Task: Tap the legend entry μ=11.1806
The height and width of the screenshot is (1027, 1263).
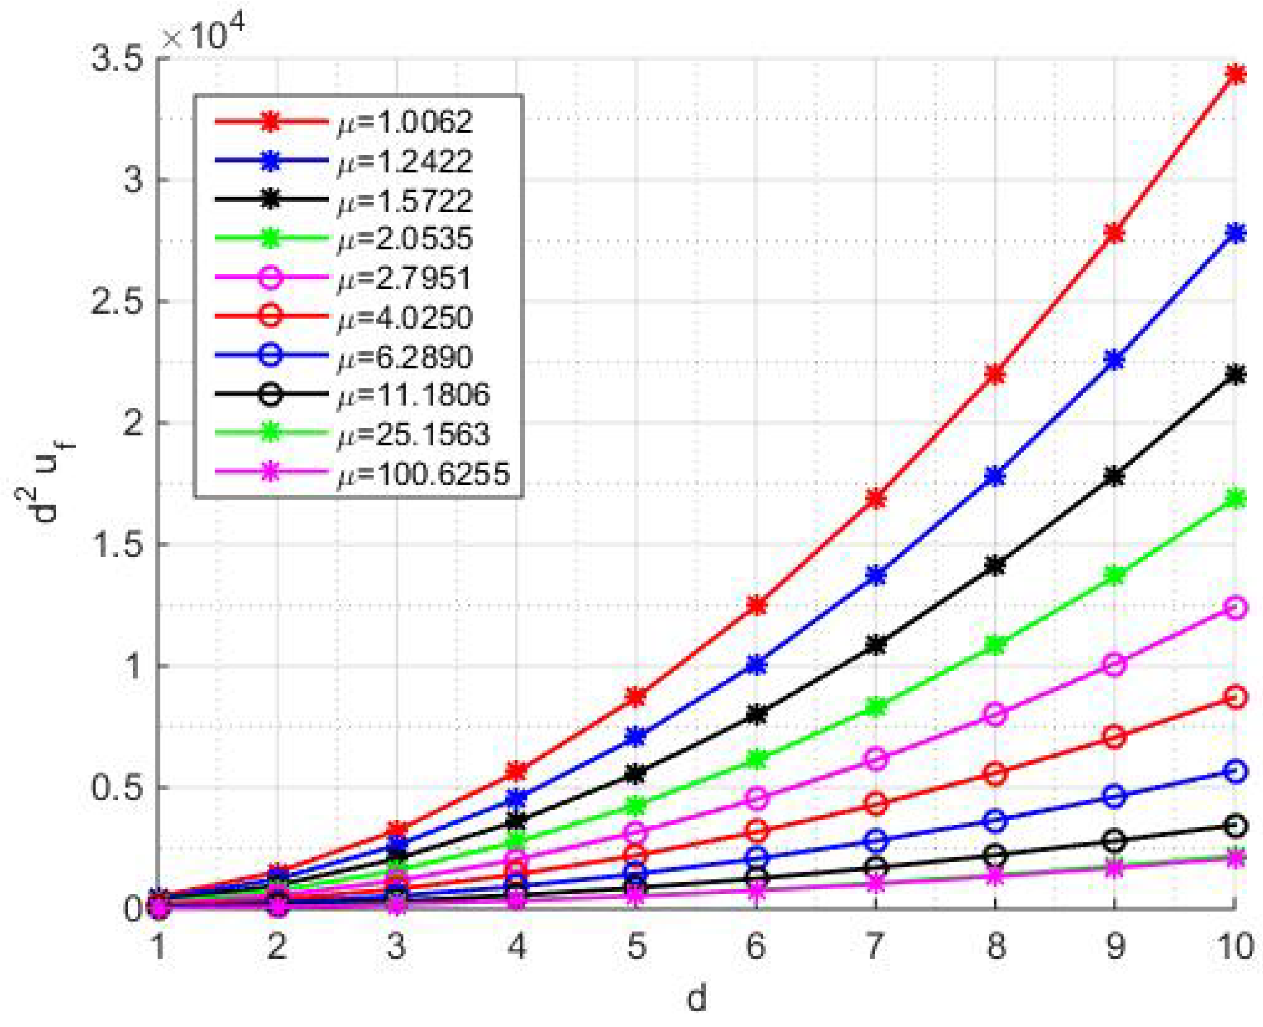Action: point(414,394)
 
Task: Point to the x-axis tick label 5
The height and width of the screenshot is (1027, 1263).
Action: point(637,947)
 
